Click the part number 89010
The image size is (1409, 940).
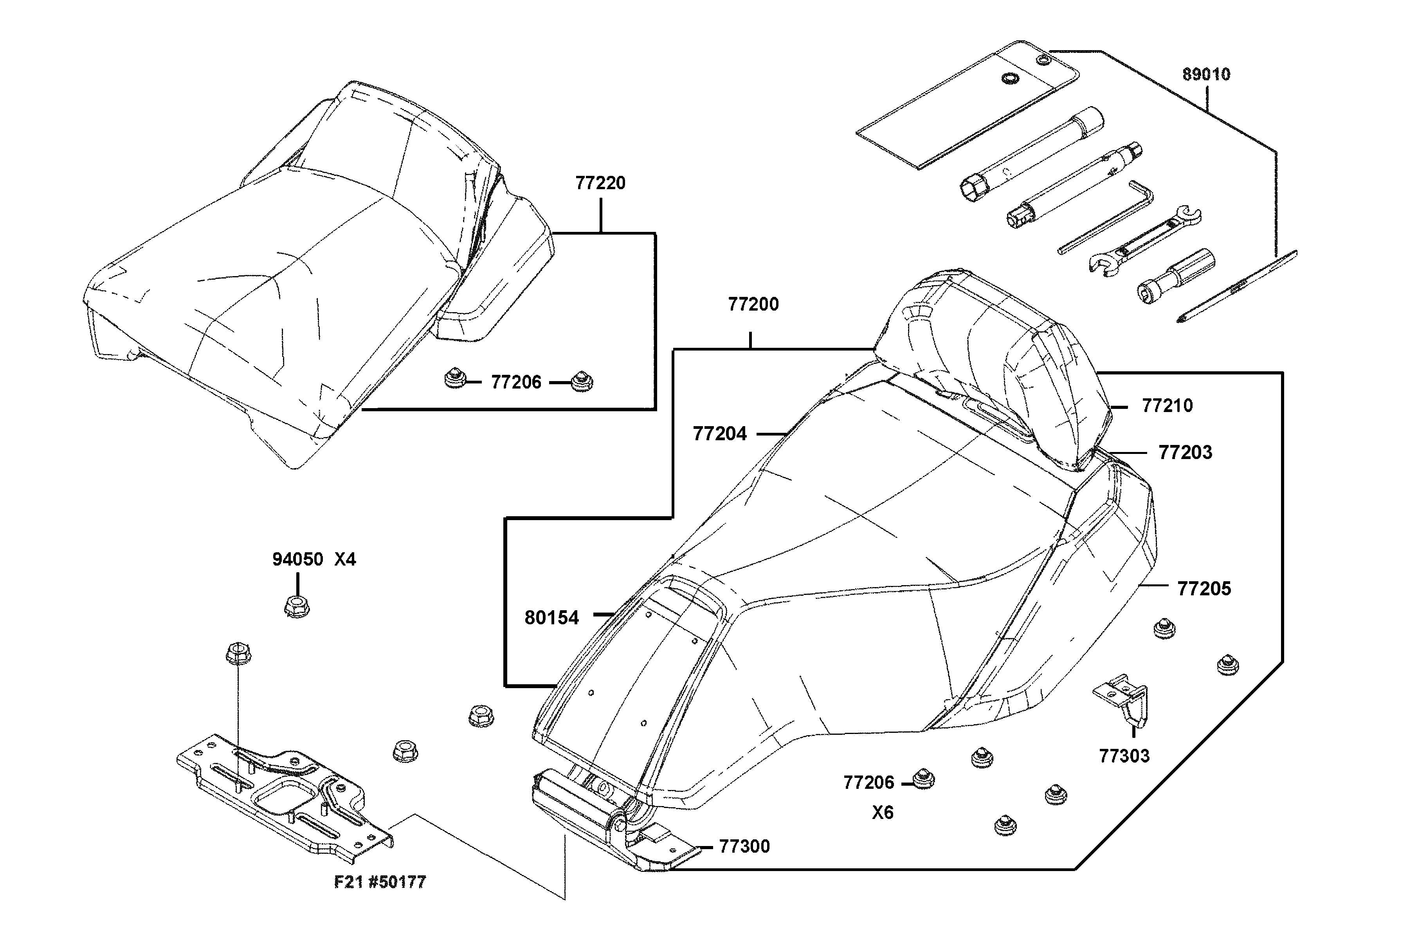pos(1206,74)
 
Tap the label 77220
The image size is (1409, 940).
pos(600,183)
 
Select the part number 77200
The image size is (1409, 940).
pos(753,305)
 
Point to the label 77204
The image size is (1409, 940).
pos(719,434)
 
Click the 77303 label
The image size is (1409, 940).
pos(1124,756)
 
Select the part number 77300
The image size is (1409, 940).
pos(744,846)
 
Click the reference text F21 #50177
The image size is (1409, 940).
pos(380,882)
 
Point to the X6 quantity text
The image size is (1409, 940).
pos(883,813)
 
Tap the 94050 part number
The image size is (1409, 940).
pos(298,559)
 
